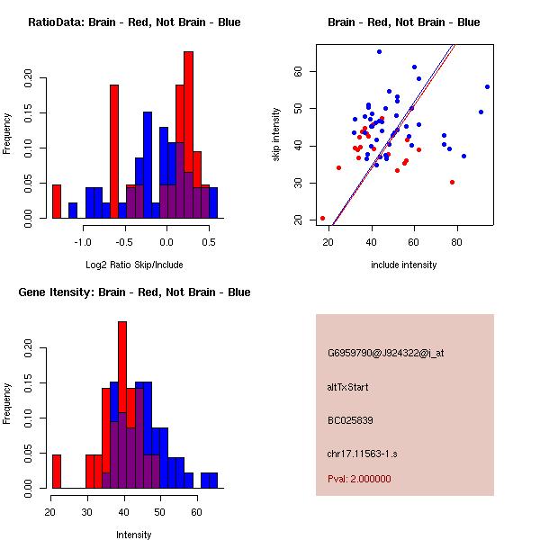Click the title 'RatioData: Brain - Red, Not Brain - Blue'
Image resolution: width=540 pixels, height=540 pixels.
(134, 22)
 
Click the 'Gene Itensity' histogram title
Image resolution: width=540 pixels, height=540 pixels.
(134, 292)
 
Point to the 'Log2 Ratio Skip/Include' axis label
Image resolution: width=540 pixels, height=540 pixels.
(134, 265)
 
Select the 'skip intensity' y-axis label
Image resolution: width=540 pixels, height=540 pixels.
(276, 135)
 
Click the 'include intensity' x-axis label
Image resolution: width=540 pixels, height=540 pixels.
(404, 265)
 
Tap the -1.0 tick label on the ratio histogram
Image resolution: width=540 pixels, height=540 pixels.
(83, 242)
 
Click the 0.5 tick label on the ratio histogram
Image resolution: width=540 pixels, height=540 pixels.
(209, 242)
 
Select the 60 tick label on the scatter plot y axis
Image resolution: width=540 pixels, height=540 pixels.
(298, 71)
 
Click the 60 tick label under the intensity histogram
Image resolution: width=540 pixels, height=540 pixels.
(196, 512)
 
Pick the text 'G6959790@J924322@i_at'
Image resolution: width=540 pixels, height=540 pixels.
(386, 353)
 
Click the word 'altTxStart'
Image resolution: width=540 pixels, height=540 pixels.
(348, 387)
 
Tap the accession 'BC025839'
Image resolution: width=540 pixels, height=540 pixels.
(350, 420)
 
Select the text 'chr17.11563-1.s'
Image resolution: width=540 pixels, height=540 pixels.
(360, 453)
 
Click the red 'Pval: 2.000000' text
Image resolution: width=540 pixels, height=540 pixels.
(359, 479)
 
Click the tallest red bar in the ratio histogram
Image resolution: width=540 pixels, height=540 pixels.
(188, 135)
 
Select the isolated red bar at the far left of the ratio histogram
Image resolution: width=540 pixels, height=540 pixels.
(57, 201)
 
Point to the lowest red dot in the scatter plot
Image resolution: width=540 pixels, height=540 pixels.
(322, 218)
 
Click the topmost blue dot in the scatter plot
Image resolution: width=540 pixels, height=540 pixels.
(379, 52)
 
